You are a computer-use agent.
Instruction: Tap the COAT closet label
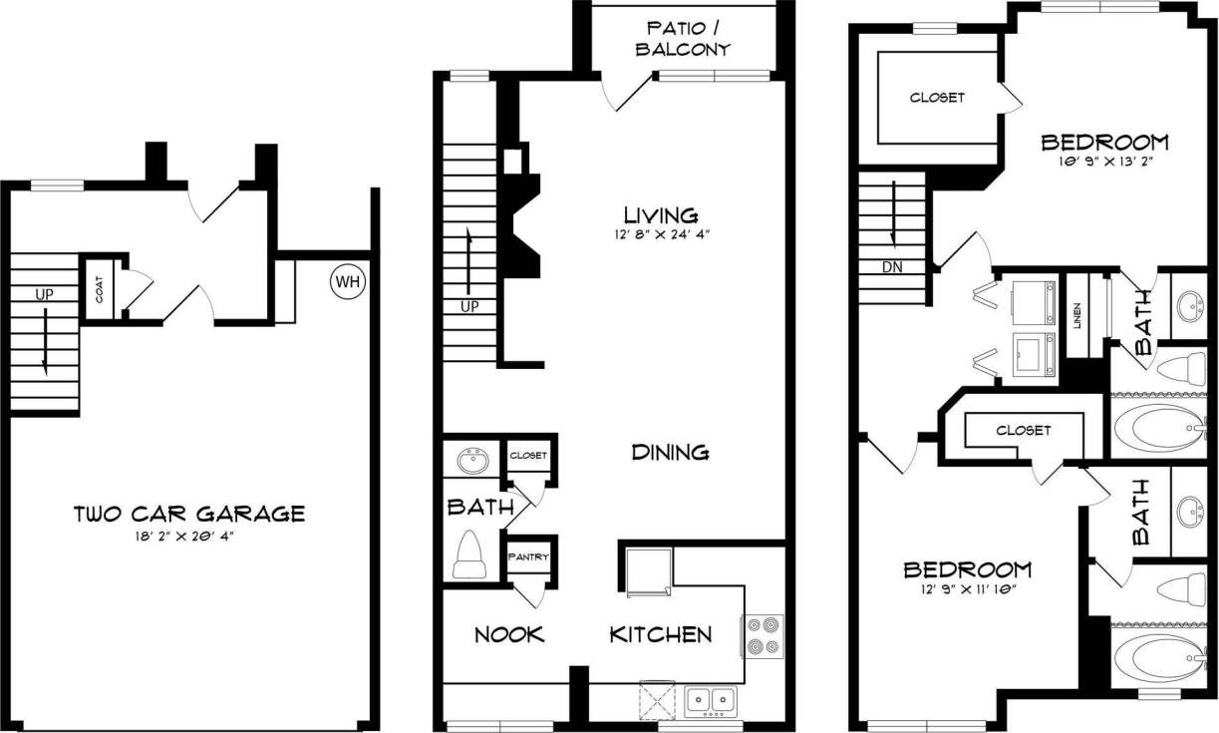101,290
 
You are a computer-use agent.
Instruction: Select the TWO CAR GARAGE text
189,515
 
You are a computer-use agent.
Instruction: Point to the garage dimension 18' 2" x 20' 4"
189,536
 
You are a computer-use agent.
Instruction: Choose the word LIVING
660,214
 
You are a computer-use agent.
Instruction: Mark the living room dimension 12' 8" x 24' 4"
660,235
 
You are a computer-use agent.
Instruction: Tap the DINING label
671,453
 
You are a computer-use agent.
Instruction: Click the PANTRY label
528,556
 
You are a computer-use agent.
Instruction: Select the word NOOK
509,634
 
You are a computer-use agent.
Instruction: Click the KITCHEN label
661,634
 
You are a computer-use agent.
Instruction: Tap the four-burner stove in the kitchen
763,635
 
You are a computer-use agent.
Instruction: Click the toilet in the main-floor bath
468,555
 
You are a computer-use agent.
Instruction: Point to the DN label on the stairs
893,267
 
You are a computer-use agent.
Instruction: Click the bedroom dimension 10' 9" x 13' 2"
1103,160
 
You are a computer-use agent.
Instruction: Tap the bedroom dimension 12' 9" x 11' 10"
967,589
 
